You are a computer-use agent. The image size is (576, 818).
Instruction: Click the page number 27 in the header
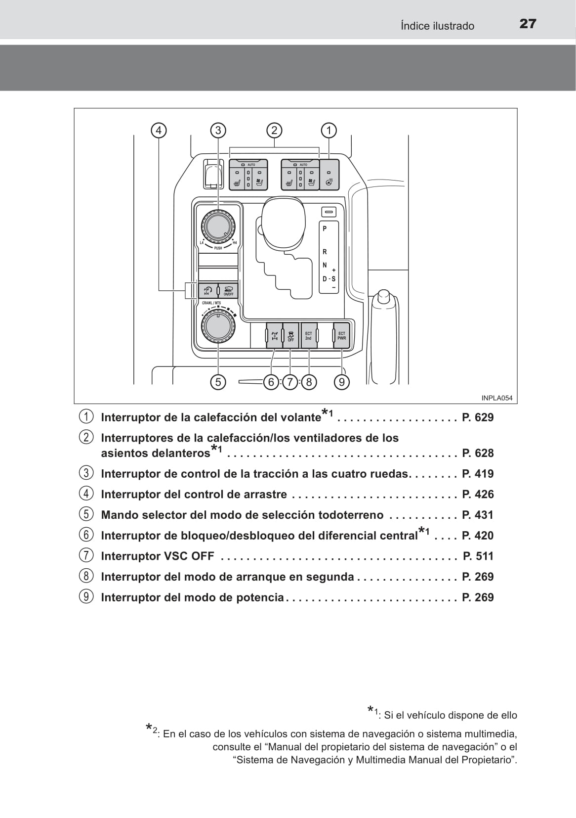click(528, 24)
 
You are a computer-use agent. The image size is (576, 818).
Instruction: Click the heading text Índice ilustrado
click(437, 26)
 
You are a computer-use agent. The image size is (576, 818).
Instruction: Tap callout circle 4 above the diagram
click(159, 131)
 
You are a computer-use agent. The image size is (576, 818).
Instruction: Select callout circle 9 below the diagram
click(341, 382)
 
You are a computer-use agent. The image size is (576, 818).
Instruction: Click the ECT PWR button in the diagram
click(341, 336)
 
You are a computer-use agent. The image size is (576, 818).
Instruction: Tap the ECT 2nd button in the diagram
click(309, 336)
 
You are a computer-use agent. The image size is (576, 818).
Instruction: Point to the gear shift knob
click(283, 222)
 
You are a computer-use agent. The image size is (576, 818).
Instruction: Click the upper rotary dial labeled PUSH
click(217, 226)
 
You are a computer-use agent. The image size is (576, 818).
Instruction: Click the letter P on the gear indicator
click(325, 228)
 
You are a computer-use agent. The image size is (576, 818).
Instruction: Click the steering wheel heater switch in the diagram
click(329, 175)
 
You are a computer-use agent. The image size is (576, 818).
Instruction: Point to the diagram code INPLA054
click(497, 398)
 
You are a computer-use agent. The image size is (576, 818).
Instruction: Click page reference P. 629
click(478, 417)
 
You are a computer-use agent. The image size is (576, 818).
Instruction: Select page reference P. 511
click(478, 556)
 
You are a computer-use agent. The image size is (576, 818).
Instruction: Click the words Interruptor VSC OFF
click(158, 556)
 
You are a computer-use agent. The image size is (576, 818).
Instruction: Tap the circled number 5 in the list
click(86, 515)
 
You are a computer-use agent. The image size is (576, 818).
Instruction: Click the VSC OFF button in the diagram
click(290, 336)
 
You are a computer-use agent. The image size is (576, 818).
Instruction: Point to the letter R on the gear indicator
click(325, 252)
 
